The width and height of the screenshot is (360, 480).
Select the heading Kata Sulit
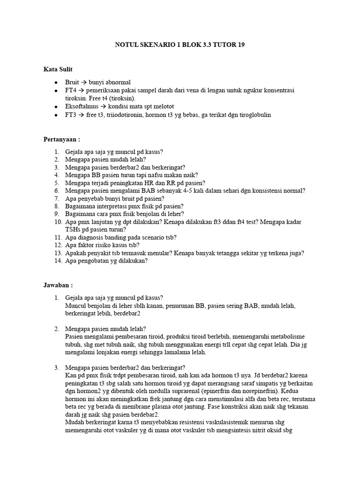(58, 69)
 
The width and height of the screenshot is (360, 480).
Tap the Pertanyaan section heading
(61, 139)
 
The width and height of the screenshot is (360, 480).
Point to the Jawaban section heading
(58, 285)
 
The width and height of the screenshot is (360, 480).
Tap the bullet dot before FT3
(55, 115)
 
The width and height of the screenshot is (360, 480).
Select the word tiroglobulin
(254, 115)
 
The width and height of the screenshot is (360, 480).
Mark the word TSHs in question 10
(73, 229)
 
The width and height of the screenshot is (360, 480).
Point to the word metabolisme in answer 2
(285, 337)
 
